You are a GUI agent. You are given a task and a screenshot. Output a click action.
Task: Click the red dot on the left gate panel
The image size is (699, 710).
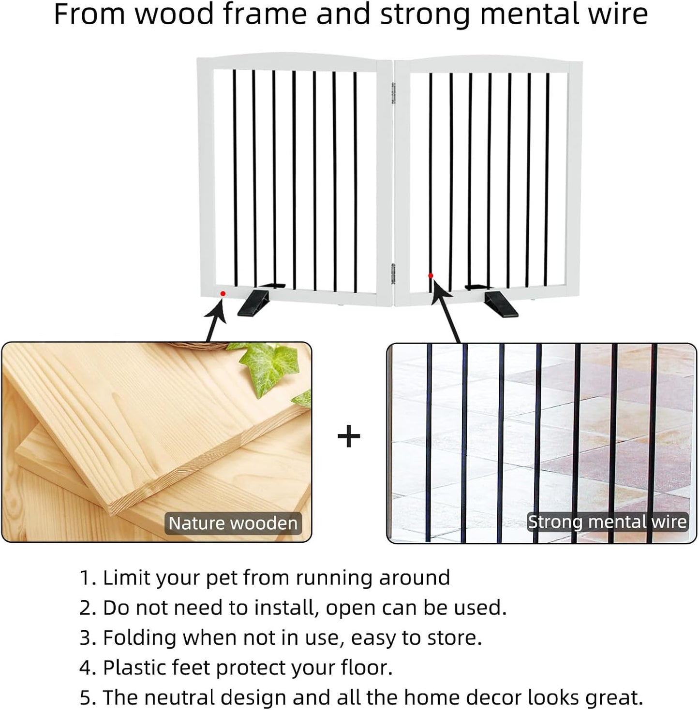(223, 293)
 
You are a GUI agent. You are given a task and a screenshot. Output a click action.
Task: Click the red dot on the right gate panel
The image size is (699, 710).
(431, 275)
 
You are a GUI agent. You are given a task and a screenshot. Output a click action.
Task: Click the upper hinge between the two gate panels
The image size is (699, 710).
(393, 93)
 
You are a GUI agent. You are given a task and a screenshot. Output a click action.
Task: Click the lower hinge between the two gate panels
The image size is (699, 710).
(393, 274)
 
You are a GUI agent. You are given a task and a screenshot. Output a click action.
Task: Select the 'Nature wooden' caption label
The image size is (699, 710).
(233, 523)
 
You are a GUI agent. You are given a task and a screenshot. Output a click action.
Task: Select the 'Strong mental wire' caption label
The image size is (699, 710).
(607, 522)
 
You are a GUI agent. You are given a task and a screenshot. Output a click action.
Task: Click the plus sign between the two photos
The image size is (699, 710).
(349, 436)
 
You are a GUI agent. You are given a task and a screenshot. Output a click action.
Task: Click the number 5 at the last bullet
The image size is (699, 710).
(85, 698)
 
